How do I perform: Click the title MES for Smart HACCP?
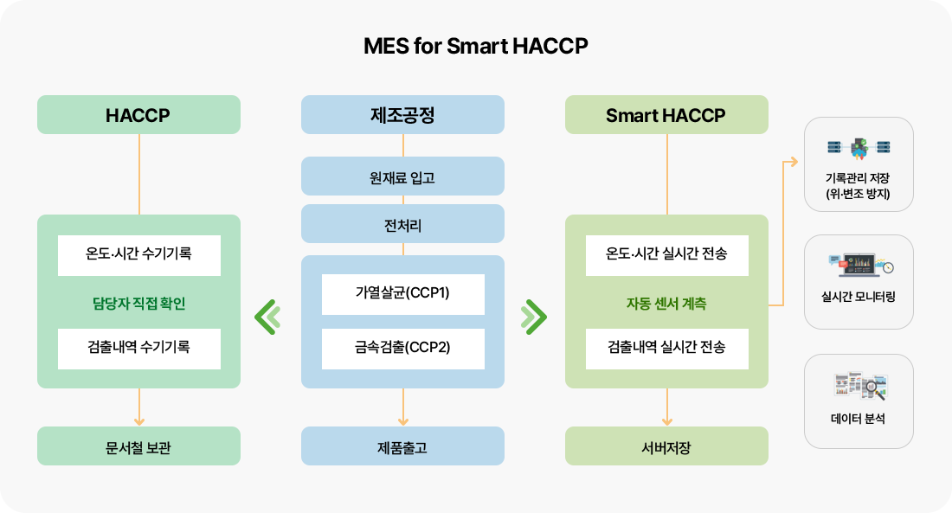(x=475, y=46)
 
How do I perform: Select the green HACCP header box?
(x=138, y=115)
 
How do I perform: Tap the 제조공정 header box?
(x=402, y=115)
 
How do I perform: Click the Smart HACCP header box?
(x=666, y=115)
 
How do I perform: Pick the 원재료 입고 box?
(x=402, y=176)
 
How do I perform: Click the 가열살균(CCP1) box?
(x=403, y=294)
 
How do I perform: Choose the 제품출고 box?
(x=402, y=446)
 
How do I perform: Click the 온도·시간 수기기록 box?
(x=139, y=255)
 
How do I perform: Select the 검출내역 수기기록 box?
(x=139, y=349)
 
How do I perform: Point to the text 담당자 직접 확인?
(x=139, y=303)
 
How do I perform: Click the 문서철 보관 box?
(x=138, y=446)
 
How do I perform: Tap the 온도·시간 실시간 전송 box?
(x=667, y=255)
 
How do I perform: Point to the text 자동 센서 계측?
(x=666, y=303)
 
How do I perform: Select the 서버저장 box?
(x=666, y=446)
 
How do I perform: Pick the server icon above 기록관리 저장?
(x=859, y=148)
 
